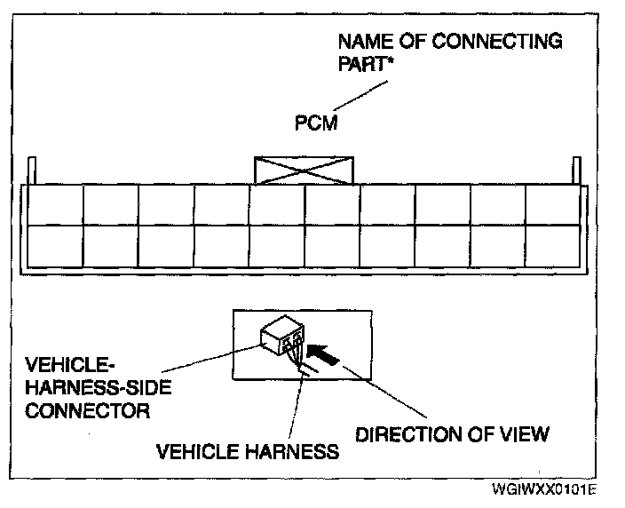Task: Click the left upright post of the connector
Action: coord(33,170)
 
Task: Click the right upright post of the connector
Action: coord(575,170)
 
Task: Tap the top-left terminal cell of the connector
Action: coord(55,205)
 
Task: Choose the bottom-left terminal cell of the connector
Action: coord(55,246)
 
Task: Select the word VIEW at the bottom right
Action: coord(527,434)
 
